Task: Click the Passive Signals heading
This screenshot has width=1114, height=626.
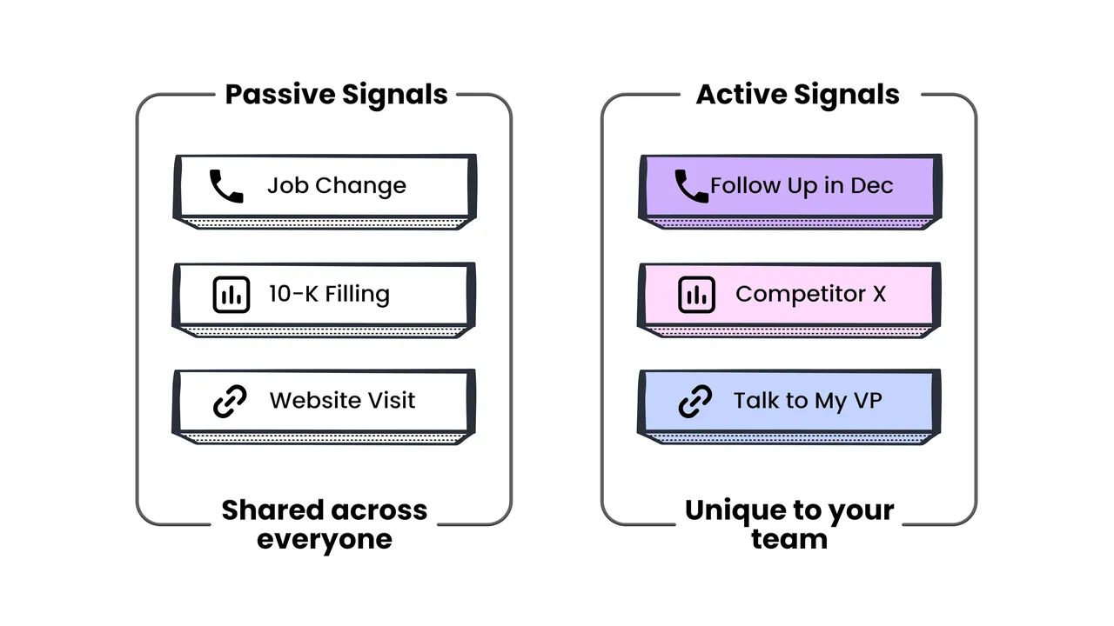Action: (x=336, y=95)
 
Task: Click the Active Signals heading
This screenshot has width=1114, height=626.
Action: (x=798, y=95)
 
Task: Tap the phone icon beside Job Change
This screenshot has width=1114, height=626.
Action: (x=226, y=186)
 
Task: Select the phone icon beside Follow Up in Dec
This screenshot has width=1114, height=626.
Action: (x=691, y=186)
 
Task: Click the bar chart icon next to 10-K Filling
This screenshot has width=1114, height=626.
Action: (x=232, y=295)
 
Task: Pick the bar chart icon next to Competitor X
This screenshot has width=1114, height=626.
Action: (x=697, y=295)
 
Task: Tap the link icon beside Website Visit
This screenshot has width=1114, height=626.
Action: (x=230, y=401)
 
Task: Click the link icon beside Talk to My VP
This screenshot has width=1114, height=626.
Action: (x=695, y=401)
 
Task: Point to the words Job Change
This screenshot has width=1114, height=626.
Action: (x=337, y=186)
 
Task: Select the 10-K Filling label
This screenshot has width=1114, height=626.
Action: (x=329, y=294)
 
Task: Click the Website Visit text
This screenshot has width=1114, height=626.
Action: (x=342, y=401)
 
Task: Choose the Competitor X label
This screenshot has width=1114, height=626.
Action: (x=810, y=294)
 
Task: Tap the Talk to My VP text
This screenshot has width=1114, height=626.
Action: (x=809, y=401)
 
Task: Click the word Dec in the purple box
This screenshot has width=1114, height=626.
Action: (x=872, y=186)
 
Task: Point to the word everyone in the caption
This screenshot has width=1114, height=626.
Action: (x=325, y=540)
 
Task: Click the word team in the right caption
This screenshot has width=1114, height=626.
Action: (x=789, y=539)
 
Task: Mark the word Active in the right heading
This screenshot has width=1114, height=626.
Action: (x=740, y=95)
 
